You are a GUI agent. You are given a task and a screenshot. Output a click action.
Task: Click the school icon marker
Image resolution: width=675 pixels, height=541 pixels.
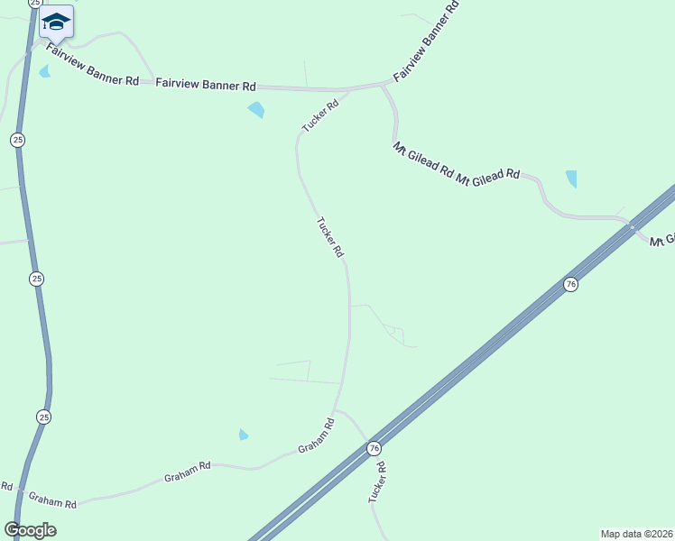coord(56,23)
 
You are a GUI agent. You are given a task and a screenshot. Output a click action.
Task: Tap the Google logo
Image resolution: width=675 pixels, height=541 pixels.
coord(30,530)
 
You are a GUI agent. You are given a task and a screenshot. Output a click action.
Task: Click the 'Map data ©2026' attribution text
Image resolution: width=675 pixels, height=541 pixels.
coord(636,533)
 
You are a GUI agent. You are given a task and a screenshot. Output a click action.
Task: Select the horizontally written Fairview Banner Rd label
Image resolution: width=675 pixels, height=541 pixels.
coord(206,85)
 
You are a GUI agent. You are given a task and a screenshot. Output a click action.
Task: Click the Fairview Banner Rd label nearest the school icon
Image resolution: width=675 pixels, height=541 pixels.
coord(93,67)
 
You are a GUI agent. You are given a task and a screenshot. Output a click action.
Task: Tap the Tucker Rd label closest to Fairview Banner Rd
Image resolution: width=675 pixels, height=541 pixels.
coord(320,116)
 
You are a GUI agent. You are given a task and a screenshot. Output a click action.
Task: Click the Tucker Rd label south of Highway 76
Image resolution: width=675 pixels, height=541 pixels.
coord(376,482)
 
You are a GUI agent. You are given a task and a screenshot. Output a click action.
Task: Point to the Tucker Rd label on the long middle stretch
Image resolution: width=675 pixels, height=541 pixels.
coord(330,237)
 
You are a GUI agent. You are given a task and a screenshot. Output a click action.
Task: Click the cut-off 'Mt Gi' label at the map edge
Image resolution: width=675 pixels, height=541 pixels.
coord(662,240)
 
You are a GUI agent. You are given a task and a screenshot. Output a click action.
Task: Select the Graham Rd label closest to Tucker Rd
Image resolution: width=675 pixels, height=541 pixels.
coord(317,436)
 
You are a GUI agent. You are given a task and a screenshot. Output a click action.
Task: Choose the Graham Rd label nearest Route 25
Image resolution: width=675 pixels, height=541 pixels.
coord(52,498)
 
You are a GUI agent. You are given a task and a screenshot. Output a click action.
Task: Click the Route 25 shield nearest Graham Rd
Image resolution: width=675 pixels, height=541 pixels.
coord(44,417)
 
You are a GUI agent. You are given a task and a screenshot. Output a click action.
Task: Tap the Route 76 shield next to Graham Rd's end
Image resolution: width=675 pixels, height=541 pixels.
coord(374,448)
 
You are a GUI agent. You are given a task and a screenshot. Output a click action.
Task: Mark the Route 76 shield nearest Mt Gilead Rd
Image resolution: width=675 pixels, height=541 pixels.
coord(569,285)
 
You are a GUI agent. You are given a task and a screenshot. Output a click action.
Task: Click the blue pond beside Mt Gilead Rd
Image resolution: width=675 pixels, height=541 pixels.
coord(571,179)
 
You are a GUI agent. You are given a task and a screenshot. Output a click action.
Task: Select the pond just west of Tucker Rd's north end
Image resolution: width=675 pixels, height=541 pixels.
coord(256,110)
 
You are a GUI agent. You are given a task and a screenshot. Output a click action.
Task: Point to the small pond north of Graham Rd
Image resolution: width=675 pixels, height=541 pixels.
coord(243,435)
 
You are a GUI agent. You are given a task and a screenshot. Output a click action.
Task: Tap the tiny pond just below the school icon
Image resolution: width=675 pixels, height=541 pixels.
coord(45,71)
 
